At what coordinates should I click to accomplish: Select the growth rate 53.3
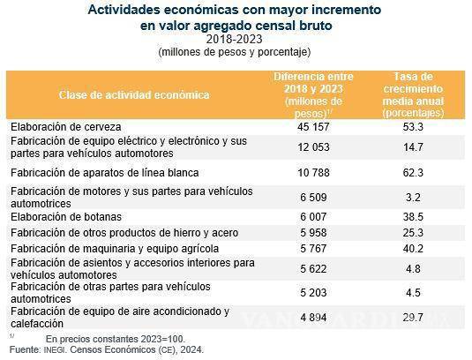(413, 127)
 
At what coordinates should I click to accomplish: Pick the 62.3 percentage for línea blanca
(413, 171)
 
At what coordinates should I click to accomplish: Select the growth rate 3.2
(413, 197)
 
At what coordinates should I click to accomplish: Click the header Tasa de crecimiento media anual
(413, 94)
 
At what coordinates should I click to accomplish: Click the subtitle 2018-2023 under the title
(235, 40)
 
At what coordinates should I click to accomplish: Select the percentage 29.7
(413, 318)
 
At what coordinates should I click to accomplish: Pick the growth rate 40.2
(413, 249)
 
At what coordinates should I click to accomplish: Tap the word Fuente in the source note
(24, 350)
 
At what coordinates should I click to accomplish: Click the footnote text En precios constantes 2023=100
(114, 339)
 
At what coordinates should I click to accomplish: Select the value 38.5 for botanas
(413, 216)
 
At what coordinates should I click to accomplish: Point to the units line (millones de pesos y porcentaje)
(235, 52)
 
